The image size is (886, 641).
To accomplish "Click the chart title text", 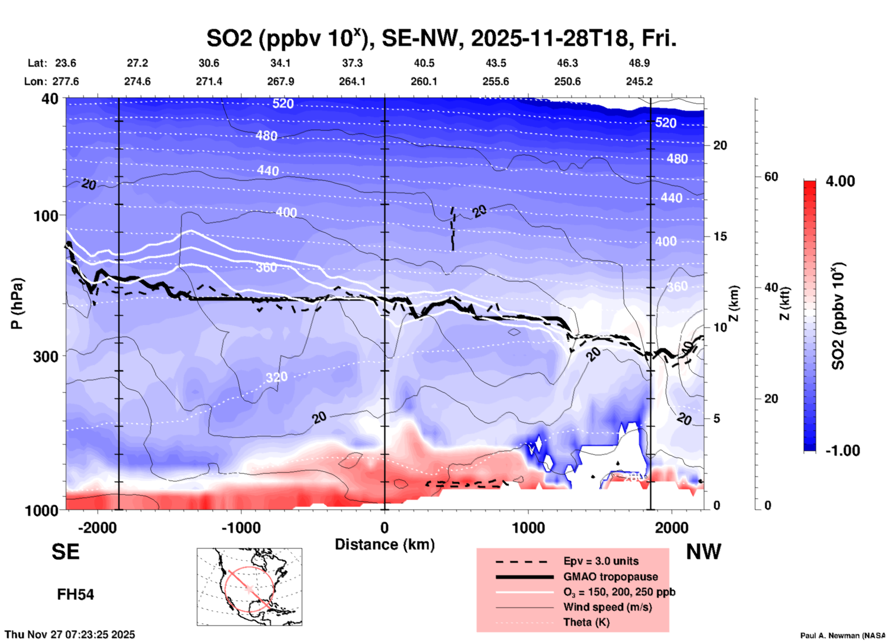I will [x=441, y=38].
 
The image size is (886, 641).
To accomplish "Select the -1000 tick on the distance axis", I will [x=241, y=528].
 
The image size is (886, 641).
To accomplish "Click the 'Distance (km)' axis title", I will [x=385, y=544].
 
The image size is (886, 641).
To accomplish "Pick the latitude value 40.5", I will [x=424, y=63].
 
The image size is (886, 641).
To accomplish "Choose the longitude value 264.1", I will [x=352, y=81].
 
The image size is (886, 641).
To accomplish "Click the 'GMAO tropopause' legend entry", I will [x=610, y=577].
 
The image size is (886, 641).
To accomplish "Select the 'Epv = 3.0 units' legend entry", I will [x=601, y=561].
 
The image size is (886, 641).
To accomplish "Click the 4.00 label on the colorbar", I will [x=840, y=181].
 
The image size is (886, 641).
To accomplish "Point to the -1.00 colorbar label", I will [x=842, y=450].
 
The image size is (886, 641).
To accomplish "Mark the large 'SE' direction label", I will [x=65, y=552].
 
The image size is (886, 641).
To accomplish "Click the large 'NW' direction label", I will [x=703, y=552].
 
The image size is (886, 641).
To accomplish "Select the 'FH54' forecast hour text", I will [x=75, y=595].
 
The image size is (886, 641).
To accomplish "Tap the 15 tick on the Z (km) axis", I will [x=720, y=236].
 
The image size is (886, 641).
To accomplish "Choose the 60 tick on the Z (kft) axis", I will [x=771, y=177].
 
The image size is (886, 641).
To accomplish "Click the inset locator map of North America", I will [x=249, y=587].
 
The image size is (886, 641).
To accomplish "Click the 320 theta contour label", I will [x=276, y=377].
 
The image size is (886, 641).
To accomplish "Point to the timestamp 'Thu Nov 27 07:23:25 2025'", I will [x=70, y=635].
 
